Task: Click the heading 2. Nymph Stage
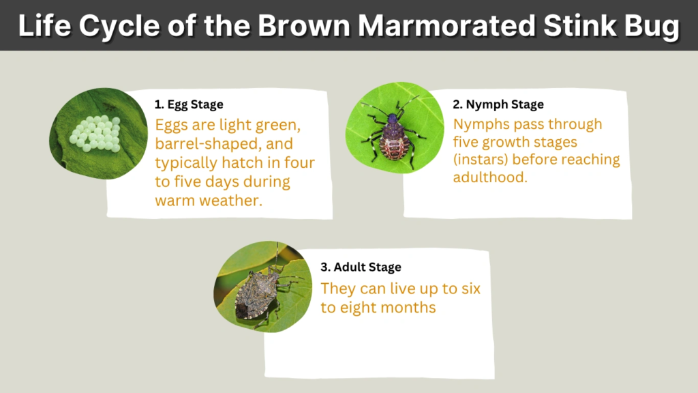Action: [498, 104]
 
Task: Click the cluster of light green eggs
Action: [95, 132]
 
